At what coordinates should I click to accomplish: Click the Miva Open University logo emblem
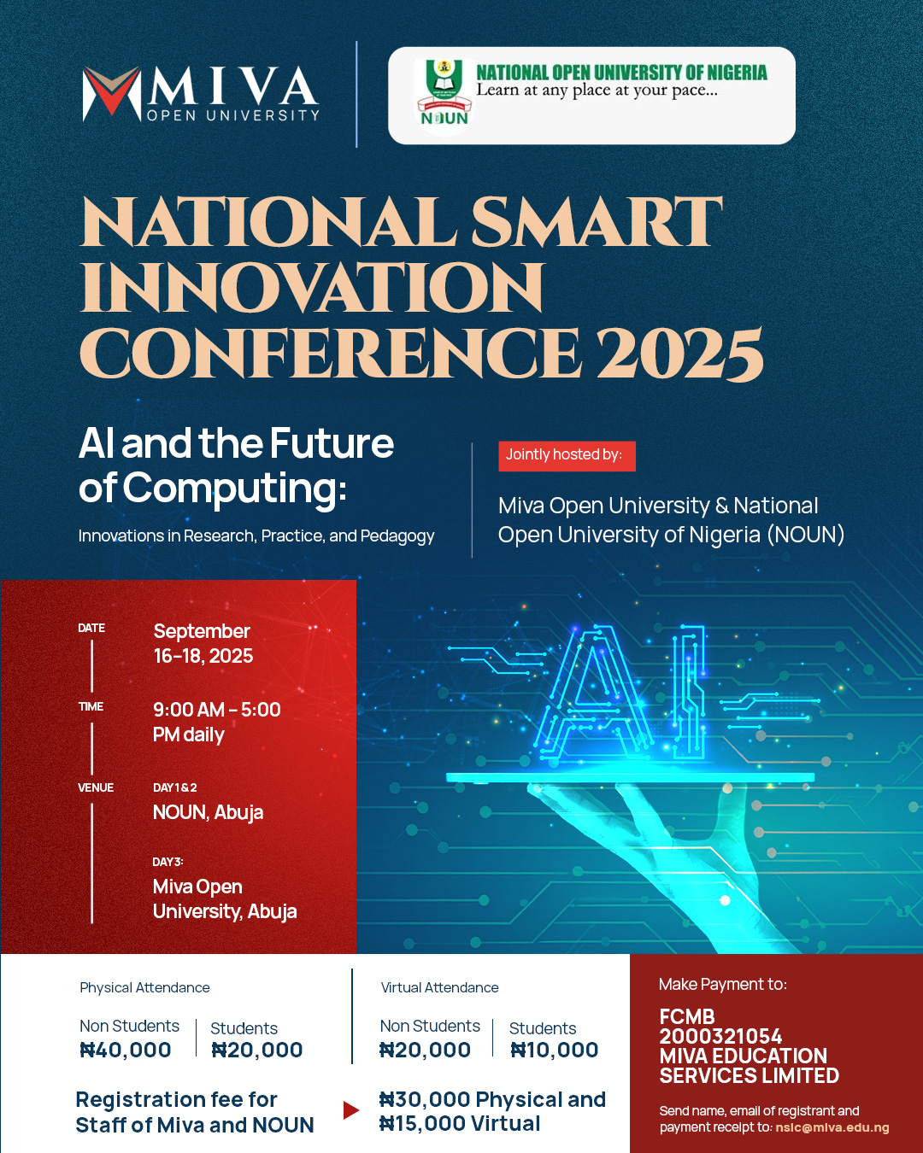pos(112,94)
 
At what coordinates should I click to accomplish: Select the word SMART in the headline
pos(597,222)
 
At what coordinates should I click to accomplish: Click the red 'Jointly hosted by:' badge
pos(567,456)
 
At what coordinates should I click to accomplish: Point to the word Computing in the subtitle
pos(235,489)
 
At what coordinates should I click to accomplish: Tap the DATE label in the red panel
pos(91,628)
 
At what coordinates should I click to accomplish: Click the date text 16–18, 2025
pos(203,656)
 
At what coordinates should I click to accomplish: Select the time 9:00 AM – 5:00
pos(217,710)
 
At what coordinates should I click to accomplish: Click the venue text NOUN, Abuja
pos(208,812)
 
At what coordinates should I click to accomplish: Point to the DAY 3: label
pos(168,862)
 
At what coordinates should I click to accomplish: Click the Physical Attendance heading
pos(144,987)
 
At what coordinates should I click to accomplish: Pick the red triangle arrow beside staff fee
pos(350,1110)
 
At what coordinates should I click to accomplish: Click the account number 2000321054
pos(720,1036)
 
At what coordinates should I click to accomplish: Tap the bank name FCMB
pos(687,1017)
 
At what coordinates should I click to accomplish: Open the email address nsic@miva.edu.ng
pos(832,1127)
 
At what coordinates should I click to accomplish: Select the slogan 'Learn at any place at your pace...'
pos(597,90)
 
